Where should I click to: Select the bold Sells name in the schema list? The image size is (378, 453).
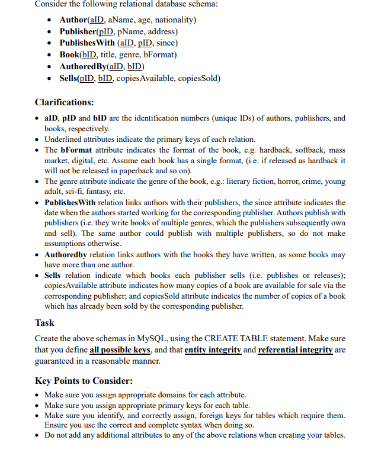click(71, 78)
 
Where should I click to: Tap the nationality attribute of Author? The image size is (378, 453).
click(177, 20)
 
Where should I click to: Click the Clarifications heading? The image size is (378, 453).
click(64, 102)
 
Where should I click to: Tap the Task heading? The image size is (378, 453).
click(44, 323)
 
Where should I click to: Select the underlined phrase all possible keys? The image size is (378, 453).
click(120, 350)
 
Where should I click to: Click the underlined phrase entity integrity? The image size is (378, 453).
click(213, 350)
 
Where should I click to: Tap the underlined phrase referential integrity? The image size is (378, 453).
click(295, 350)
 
